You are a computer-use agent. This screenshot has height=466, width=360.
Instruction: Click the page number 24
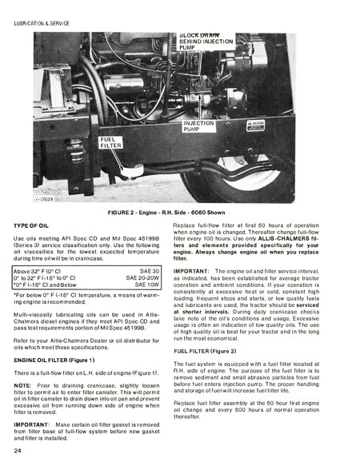18,452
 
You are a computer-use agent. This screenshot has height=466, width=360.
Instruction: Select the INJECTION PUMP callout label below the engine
198,125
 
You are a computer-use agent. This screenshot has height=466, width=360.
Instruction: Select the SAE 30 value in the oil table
148,272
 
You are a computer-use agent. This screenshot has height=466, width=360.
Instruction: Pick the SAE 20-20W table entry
142,278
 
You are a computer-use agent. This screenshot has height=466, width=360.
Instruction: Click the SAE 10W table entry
147,285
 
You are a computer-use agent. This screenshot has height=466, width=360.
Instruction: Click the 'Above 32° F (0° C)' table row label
42,272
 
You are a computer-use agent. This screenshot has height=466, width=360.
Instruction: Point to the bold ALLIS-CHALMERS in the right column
294,241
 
